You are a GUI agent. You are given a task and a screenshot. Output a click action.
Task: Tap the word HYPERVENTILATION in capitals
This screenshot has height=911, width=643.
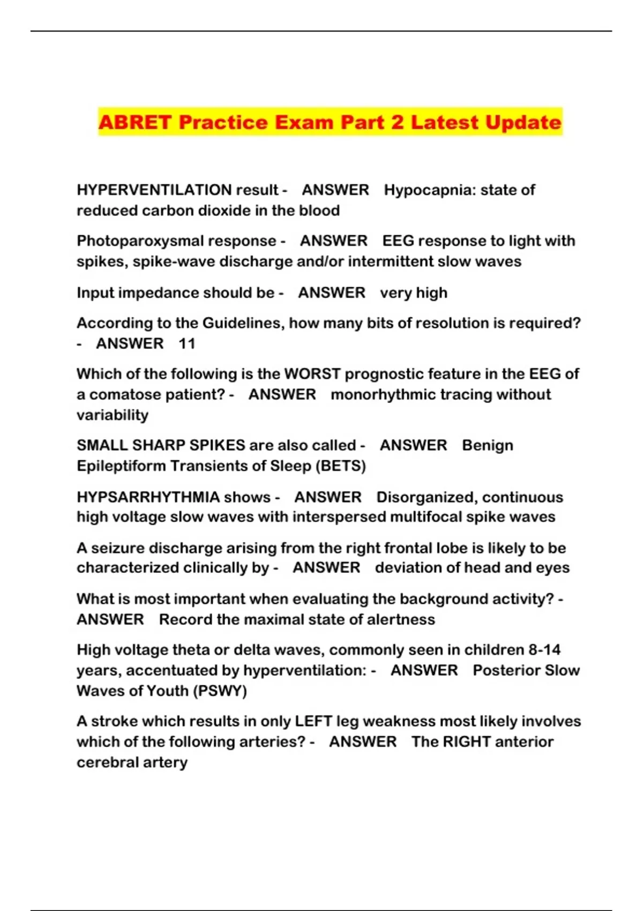(154, 190)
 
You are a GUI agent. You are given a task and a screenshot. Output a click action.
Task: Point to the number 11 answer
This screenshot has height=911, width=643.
(186, 343)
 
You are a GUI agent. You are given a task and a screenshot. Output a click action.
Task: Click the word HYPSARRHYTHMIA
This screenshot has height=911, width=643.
(148, 497)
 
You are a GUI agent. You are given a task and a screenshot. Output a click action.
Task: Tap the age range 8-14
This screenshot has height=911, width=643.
(544, 649)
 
